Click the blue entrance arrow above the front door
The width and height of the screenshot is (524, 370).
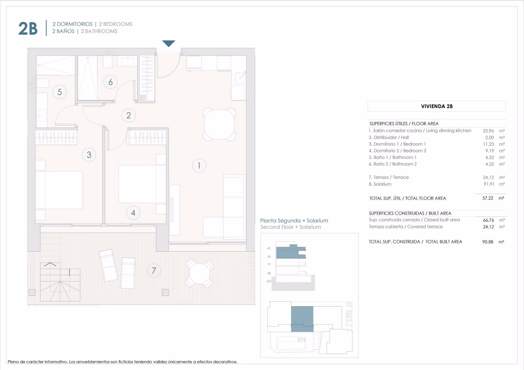168,43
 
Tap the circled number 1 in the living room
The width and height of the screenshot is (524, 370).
199,166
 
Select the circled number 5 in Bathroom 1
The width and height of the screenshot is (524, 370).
59,92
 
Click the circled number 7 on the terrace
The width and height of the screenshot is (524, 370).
154,270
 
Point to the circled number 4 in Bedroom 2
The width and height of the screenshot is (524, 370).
133,213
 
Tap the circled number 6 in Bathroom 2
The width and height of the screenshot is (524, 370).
111,82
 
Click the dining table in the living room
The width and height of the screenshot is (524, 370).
219,124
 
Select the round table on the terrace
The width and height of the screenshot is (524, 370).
200,273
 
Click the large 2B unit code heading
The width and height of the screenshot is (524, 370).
28,28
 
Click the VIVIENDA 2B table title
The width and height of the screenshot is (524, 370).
437,106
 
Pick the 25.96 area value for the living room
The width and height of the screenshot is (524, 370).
488,131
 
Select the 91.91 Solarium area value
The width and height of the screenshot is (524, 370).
489,184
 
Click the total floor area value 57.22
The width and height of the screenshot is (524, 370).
488,198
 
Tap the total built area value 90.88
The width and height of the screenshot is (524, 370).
488,242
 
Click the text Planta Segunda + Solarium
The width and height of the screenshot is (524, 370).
294,221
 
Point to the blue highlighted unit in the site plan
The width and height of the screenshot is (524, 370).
302,319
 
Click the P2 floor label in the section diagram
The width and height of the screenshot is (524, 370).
269,257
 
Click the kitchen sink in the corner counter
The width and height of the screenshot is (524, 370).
240,78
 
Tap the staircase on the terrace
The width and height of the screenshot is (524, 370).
60,282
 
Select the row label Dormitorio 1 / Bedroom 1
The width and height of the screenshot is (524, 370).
397,144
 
